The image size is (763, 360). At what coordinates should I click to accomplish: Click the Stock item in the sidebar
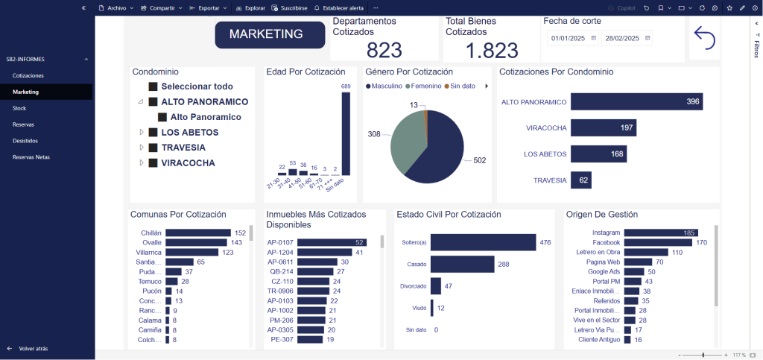(19, 108)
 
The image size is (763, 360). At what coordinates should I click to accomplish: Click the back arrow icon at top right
(704, 37)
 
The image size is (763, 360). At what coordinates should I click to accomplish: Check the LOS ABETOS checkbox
(153, 133)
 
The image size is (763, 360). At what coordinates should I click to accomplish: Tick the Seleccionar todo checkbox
(153, 86)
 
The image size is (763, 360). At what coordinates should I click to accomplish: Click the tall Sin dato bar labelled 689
(346, 134)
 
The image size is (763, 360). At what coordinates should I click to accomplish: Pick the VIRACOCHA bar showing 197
(603, 128)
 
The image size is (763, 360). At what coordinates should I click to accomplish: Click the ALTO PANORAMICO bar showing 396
(636, 101)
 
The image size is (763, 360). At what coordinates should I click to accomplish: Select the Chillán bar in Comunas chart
(197, 233)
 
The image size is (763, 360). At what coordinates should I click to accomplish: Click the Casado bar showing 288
(462, 265)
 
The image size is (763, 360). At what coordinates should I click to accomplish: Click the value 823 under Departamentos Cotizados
(384, 50)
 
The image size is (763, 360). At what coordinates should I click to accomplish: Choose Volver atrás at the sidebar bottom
(34, 348)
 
